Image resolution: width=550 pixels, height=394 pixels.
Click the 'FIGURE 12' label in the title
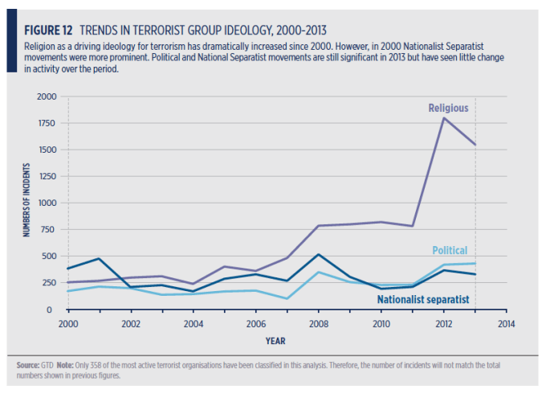point(47,31)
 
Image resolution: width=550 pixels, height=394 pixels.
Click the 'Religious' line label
point(448,108)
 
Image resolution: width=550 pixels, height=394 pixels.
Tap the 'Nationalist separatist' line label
point(423,300)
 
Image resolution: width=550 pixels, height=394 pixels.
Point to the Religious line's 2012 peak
point(444,118)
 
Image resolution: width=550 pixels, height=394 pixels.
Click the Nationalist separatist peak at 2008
point(319,255)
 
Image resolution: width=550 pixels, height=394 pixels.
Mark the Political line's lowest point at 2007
point(287,298)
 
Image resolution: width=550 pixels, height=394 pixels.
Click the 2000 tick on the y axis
point(47,96)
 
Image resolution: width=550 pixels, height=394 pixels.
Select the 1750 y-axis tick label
point(47,123)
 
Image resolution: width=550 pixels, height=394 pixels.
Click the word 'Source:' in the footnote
point(29,365)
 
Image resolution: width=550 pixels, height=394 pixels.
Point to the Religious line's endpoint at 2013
point(475,145)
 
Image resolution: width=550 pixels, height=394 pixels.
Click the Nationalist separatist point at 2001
point(100,258)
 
